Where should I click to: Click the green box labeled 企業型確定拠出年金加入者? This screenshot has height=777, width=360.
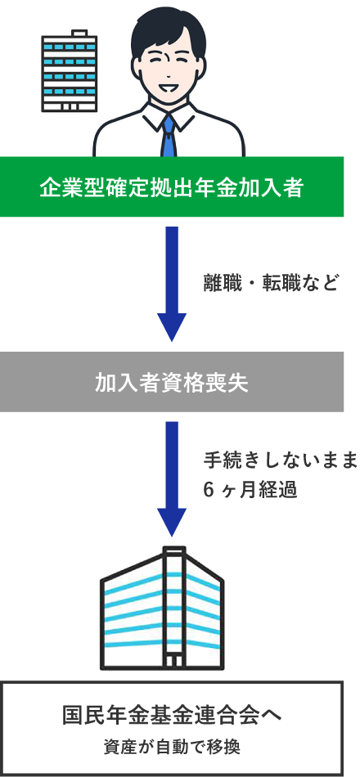(172, 188)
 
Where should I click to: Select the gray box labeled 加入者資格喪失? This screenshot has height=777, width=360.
(172, 382)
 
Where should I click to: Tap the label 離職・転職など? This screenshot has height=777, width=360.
(270, 283)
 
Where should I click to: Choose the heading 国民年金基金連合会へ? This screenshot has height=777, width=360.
(172, 715)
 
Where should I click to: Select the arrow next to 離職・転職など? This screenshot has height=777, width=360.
(172, 282)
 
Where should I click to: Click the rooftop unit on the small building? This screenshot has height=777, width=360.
(79, 33)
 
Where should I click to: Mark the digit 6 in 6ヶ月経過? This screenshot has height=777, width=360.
(209, 491)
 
